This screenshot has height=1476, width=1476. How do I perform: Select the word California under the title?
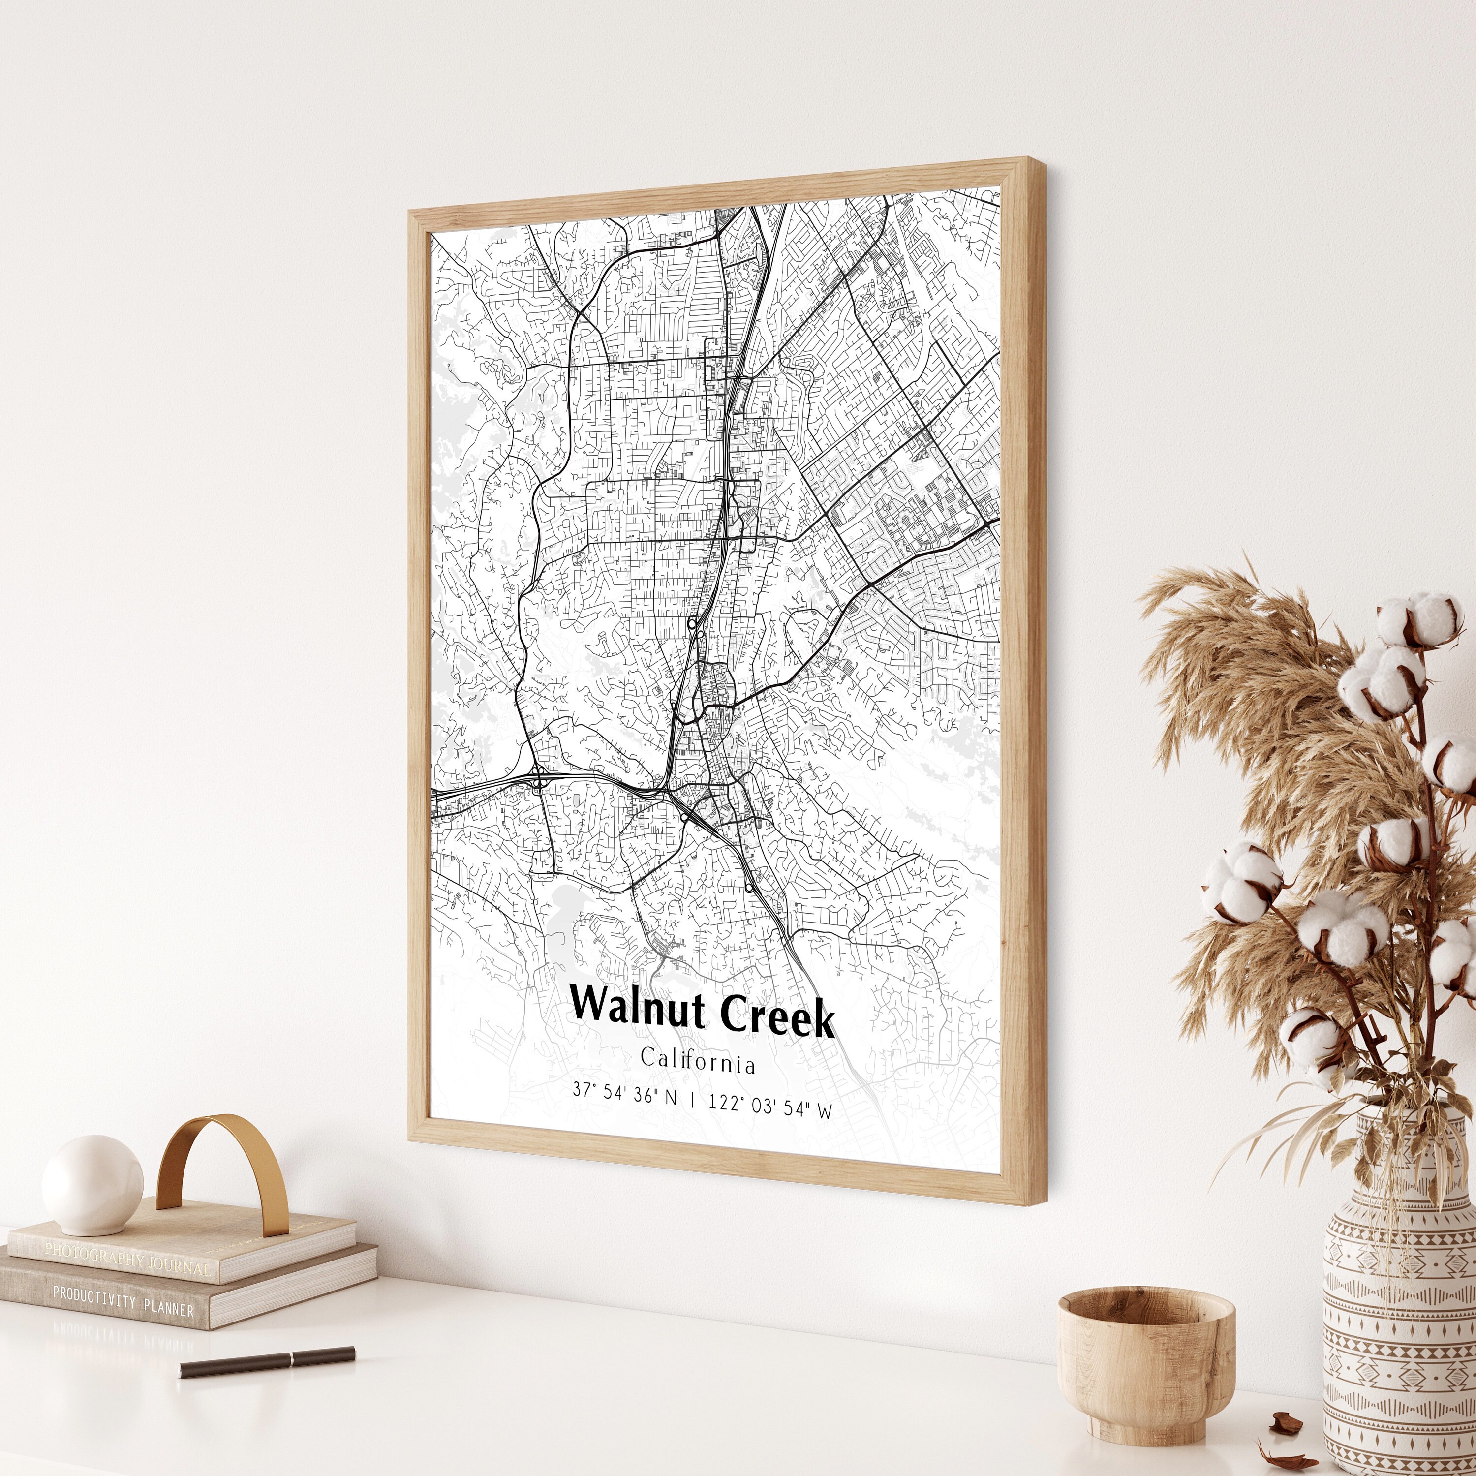(698, 1062)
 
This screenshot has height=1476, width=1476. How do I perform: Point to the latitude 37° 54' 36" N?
(625, 1095)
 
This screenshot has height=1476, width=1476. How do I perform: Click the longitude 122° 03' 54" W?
(770, 1106)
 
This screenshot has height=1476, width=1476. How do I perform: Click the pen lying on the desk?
(267, 1362)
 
